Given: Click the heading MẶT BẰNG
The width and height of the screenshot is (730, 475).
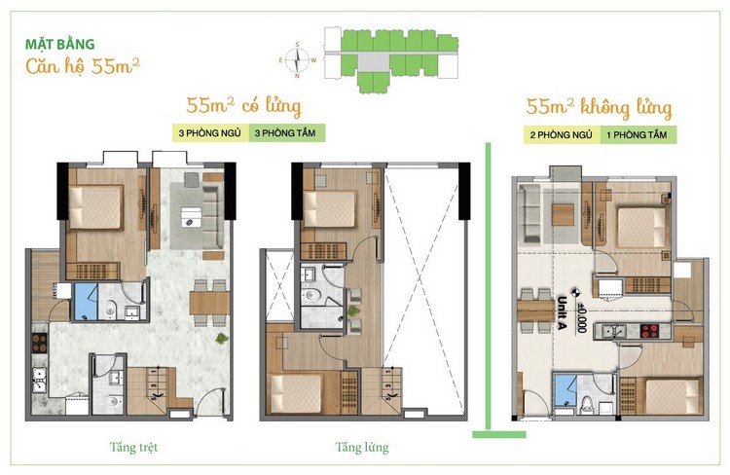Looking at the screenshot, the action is point(59,44).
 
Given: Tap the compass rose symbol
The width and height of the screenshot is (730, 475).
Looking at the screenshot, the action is point(297,60).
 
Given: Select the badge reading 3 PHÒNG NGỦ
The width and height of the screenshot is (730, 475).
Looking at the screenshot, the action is point(210,133).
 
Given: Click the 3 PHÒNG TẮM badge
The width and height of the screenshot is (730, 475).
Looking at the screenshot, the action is point(286,133).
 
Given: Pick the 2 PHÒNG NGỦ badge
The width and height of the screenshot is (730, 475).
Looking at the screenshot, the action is point(562,135).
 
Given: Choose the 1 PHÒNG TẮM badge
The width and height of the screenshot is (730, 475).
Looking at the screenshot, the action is point(638,135).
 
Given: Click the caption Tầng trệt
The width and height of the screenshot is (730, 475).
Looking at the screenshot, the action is point(133,448).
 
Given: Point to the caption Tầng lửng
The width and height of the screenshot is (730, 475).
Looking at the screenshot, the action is point(362,448).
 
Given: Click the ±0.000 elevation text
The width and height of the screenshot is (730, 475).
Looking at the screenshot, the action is point(581,317).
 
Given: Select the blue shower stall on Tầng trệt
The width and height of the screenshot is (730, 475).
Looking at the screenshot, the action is point(86,302).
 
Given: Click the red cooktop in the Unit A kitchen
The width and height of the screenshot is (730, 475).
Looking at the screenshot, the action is point(650,331).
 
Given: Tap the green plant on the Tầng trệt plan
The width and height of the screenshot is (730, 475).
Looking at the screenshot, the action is point(222,338).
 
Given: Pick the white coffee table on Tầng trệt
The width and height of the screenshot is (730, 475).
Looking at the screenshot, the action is point(192,217).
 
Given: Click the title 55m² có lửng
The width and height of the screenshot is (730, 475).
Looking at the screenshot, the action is point(243,106).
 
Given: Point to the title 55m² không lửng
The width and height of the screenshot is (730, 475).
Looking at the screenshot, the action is point(600,108).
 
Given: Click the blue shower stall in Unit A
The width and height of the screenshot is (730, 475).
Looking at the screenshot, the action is point(566,392).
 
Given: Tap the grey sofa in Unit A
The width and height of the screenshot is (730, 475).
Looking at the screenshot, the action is point(530,214).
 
